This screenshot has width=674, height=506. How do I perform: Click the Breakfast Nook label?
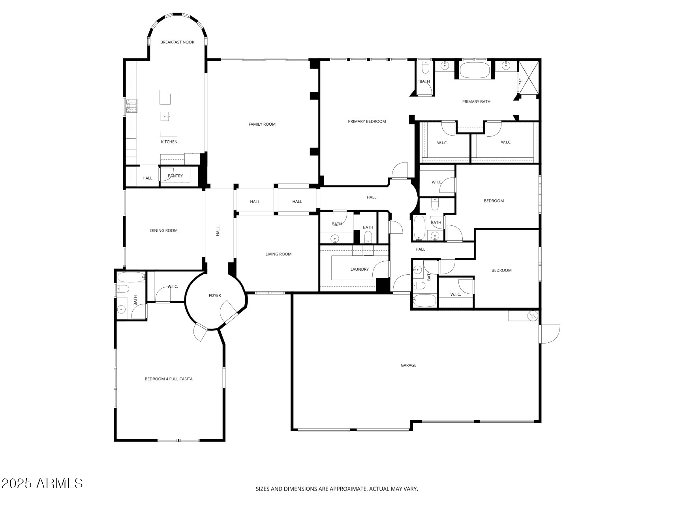click(177, 42)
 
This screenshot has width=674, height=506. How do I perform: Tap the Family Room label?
click(262, 124)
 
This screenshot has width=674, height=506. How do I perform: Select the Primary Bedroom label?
click(367, 121)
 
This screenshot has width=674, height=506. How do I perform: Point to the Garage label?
click(408, 365)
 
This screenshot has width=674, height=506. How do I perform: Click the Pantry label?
click(175, 176)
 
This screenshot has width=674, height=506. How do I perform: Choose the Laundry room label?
click(359, 269)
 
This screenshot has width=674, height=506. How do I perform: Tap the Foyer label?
click(215, 295)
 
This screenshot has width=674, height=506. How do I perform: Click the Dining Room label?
click(164, 230)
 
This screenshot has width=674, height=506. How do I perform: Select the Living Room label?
click(278, 254)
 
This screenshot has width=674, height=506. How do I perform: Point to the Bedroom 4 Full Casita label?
click(169, 379)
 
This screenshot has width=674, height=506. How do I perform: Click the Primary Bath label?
click(476, 102)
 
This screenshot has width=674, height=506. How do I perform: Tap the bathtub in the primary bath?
click(475, 70)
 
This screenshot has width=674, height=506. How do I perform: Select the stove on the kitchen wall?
click(132, 106)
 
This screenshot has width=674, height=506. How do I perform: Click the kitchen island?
click(168, 113)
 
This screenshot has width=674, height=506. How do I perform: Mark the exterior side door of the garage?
click(549, 334)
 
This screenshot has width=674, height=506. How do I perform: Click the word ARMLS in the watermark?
click(60, 483)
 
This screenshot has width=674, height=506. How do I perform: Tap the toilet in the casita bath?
click(122, 289)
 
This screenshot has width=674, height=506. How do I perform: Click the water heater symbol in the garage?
click(533, 316)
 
